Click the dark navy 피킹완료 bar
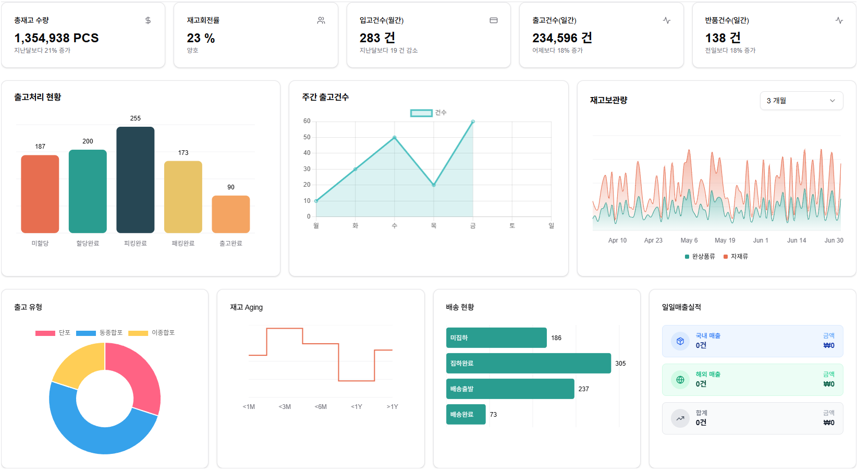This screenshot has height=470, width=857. pos(136,180)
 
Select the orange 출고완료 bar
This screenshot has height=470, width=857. pos(231,214)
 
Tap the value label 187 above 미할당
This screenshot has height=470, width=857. pos(40,147)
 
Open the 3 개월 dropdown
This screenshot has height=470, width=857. pos(801,101)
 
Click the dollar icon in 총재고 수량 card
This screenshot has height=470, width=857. pos(148,20)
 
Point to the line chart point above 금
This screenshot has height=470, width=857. pos(473,122)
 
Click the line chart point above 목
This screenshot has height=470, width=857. pos(434,185)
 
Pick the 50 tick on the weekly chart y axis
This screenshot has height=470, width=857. pos(307,137)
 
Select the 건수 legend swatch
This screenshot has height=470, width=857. pos(421,113)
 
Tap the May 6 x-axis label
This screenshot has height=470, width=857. pos(689,240)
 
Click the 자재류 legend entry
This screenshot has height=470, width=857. pos(736,257)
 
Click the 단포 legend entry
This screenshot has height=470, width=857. pos(53,333)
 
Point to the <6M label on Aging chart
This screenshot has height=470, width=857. pos(321,406)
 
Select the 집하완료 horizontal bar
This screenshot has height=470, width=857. pos(529,363)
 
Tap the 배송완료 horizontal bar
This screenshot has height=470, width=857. pos(466,414)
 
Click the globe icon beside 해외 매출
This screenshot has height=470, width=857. pos(680,380)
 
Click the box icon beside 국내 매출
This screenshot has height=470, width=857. pos(680,341)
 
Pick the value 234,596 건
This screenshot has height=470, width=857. pos(562,38)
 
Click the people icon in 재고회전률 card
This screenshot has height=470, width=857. pos(321,20)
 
